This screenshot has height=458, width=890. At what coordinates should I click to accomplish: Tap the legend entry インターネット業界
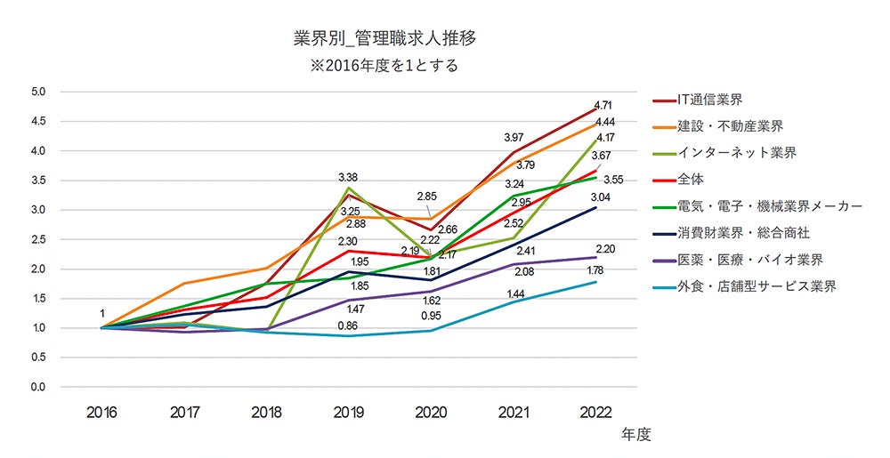coord(735,153)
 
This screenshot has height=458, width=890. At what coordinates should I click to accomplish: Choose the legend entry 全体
coord(692,180)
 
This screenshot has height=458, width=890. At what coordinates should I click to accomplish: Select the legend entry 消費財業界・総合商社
coord(755,233)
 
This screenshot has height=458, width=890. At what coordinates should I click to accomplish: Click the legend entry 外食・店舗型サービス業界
coord(756,286)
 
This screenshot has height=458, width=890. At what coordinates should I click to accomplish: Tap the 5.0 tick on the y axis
coord(38,92)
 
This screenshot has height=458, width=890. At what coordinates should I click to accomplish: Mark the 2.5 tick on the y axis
coord(38,239)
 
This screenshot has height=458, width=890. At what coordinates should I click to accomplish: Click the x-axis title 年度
coord(636,435)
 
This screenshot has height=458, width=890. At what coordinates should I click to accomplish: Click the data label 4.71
coord(604,105)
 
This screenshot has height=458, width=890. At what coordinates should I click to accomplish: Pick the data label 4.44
coord(606,122)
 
